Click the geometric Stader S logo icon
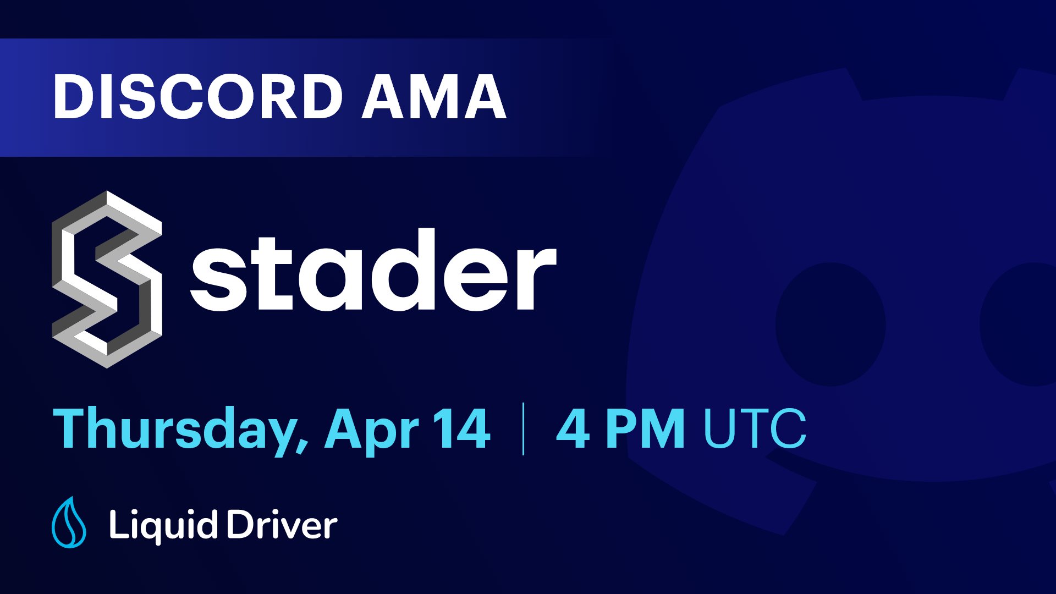pos(107,279)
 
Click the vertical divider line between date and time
pos(523,429)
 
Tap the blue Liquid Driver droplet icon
pos(69,523)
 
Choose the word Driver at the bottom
pos(282,525)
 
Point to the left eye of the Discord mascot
pos(830,324)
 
